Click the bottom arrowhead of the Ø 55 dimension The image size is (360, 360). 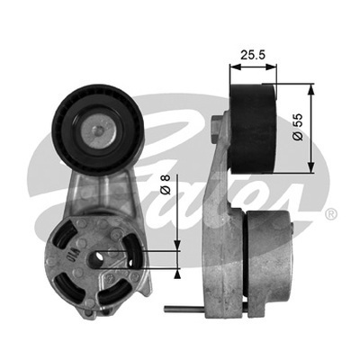coord(311,167)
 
